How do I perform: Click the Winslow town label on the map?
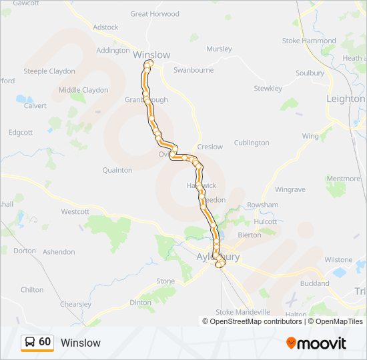click(151, 55)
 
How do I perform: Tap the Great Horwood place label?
click(155, 14)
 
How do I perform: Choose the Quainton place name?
click(117, 171)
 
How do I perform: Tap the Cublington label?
click(252, 143)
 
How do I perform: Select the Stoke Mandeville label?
click(243, 312)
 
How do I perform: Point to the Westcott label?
click(75, 212)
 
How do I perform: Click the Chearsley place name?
click(75, 305)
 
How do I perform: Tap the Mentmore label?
click(343, 179)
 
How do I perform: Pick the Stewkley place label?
click(268, 89)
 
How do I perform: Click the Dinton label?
click(140, 303)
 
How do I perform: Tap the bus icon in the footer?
click(30, 342)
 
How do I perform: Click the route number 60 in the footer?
click(45, 341)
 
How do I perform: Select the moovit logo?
click(316, 343)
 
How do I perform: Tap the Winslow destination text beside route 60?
click(80, 343)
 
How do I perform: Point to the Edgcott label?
click(21, 133)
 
